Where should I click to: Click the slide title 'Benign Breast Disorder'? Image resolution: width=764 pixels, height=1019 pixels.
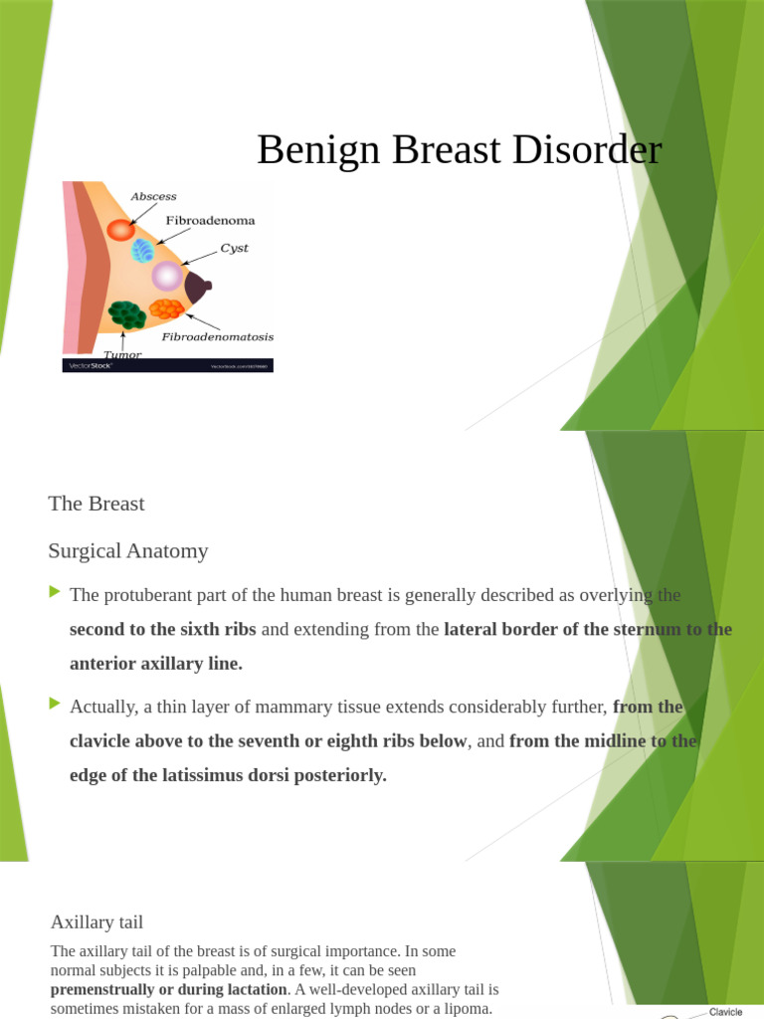coord(459,150)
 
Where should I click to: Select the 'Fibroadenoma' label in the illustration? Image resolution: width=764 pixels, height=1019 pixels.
coord(210,220)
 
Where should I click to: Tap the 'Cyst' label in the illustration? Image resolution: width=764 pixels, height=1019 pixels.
coord(235,248)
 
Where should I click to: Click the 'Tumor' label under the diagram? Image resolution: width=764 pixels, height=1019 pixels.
coord(121,354)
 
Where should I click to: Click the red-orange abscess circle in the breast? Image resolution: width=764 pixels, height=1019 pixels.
coord(120,230)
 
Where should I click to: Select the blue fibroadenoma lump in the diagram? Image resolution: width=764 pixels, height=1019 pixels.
coord(143,250)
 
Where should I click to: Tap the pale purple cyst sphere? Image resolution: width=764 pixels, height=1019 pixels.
coord(166,276)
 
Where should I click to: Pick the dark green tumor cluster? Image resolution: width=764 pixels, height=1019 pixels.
coord(127,314)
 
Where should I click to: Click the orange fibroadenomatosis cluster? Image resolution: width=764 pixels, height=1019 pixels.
coord(166,309)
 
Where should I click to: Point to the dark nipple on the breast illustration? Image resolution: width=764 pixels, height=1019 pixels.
coord(199,287)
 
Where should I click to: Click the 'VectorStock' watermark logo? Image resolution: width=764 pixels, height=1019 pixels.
coord(88,366)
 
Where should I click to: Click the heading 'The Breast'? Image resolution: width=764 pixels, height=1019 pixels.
coord(96,504)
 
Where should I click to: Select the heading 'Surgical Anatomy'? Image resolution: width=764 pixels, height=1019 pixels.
coord(128,550)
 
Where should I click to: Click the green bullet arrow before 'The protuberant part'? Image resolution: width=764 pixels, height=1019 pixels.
coord(55,593)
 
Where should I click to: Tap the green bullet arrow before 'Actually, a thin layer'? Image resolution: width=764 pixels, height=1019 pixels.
coord(55,705)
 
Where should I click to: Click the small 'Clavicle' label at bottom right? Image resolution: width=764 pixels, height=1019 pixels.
coord(725,1012)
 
